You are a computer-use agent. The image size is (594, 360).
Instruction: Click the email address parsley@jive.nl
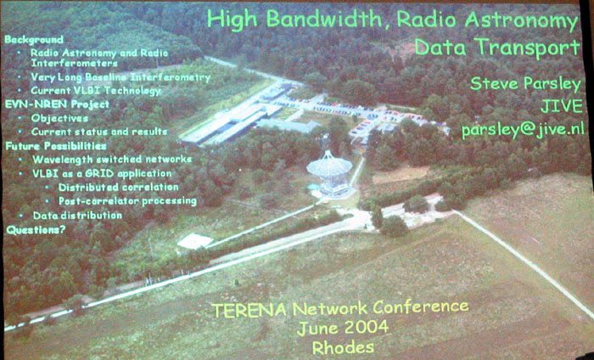point(523,130)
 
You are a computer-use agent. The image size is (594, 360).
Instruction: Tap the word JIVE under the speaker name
point(562,106)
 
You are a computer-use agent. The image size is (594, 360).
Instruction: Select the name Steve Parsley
point(525,84)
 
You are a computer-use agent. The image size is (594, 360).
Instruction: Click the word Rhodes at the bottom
point(343,347)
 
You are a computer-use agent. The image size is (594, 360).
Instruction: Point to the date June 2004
point(343,328)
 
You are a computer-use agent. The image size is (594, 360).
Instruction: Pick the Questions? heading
point(36,229)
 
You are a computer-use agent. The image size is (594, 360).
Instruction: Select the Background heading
point(34,40)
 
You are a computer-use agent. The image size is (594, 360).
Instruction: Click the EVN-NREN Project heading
point(57,104)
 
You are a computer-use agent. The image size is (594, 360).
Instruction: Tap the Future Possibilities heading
point(56,146)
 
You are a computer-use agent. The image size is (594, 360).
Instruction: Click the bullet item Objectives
point(60,118)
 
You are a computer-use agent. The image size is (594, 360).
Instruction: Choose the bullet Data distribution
point(77,216)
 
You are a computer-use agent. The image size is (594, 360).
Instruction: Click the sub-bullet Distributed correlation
point(119,187)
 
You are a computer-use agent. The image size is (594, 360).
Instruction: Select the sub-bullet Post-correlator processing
point(127,201)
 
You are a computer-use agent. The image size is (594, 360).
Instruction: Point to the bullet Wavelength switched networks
point(112,159)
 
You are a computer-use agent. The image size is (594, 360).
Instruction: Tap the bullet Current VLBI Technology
point(96,91)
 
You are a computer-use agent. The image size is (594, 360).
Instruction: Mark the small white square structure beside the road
point(194,241)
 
